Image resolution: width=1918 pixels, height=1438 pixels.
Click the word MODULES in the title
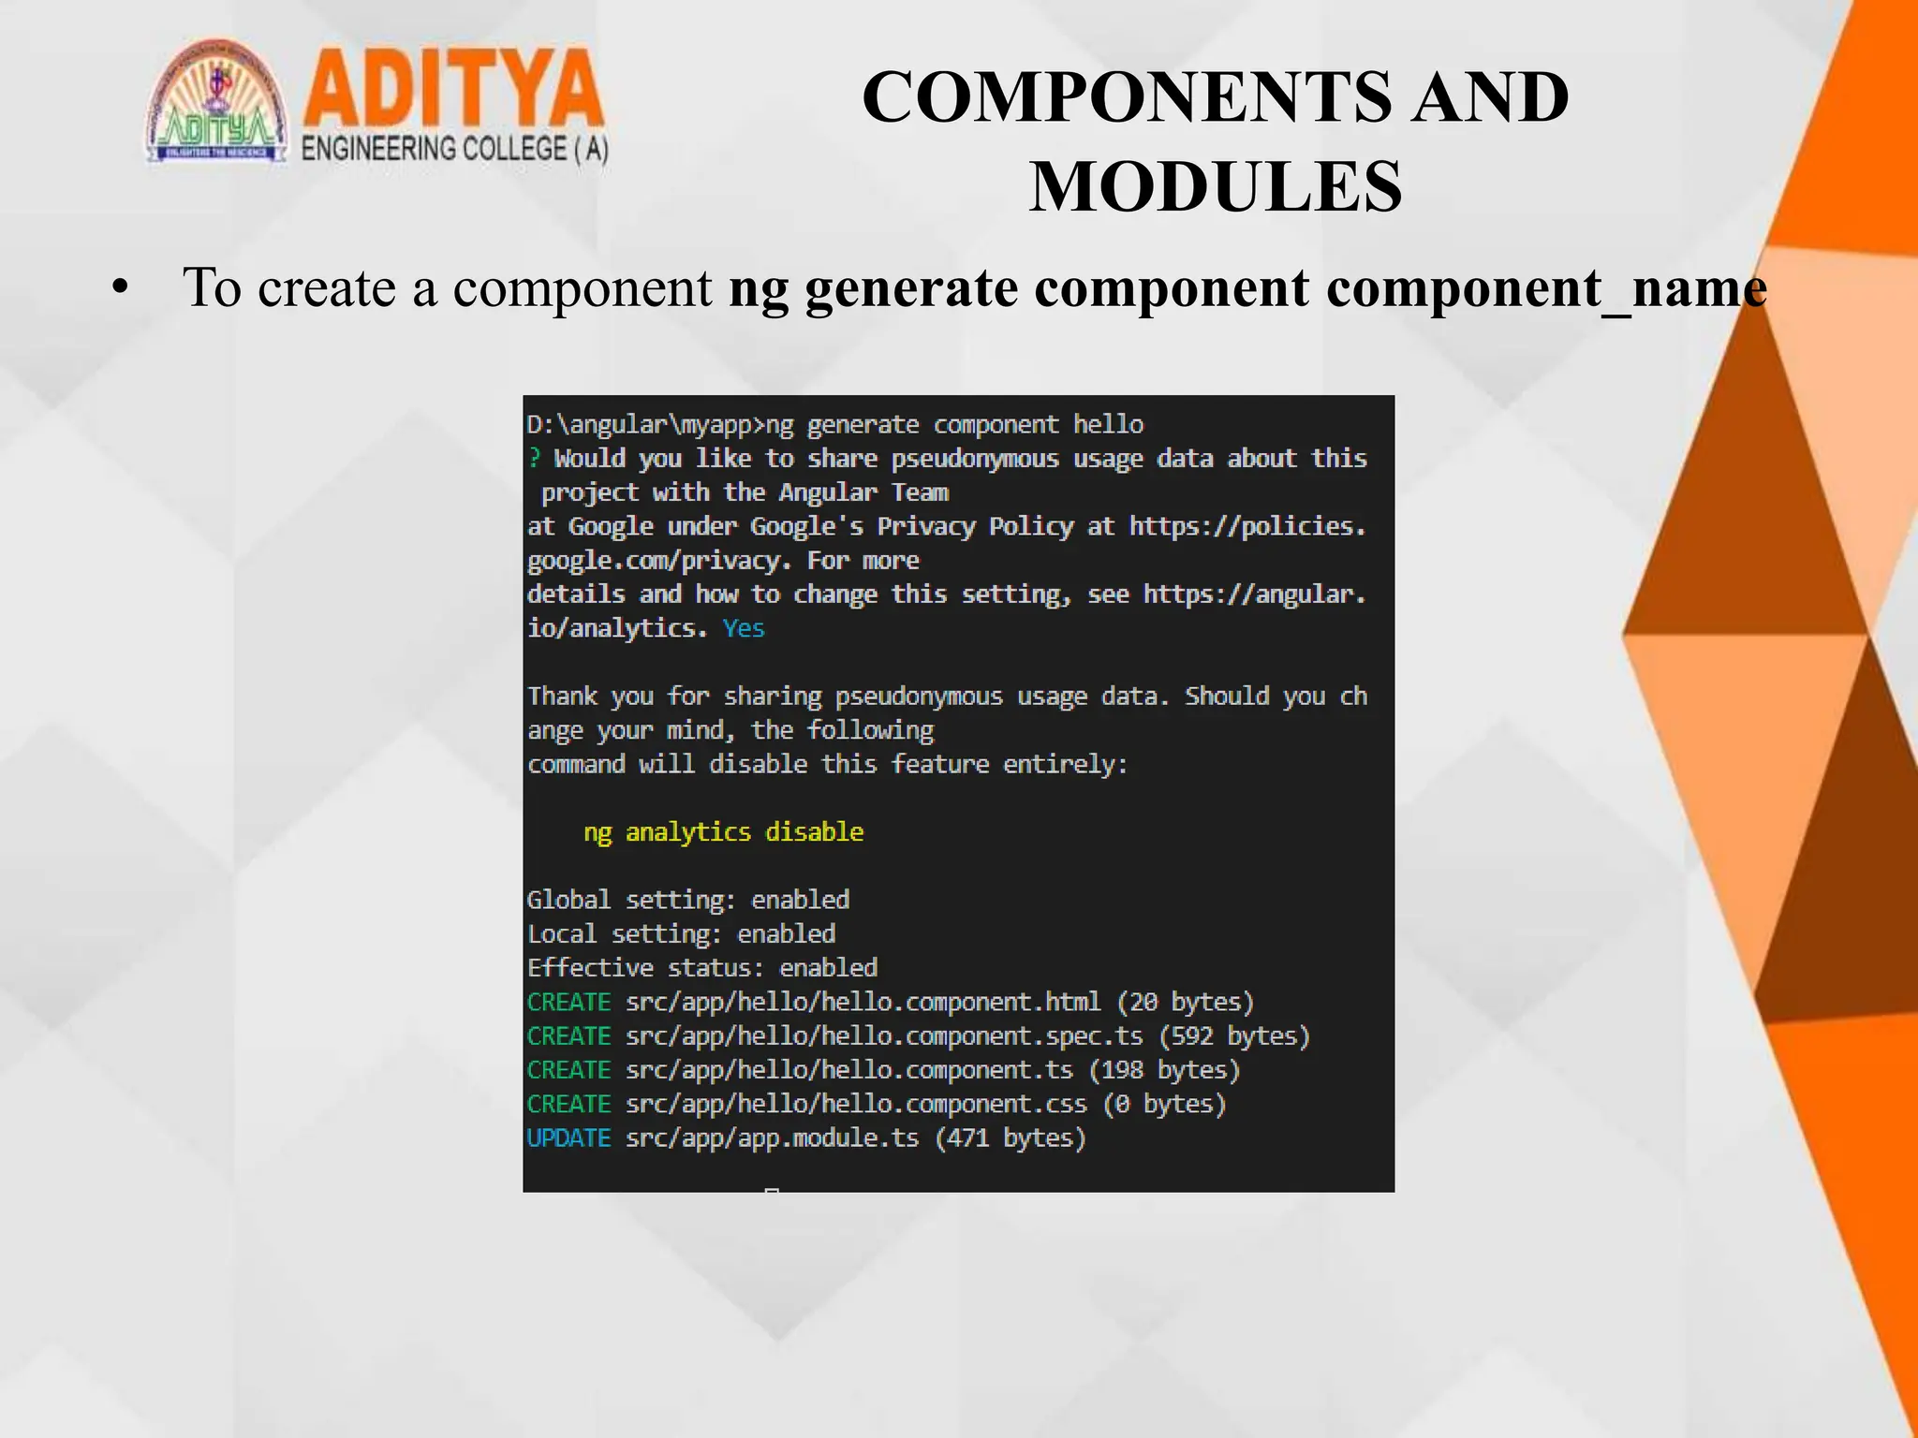[1216, 188]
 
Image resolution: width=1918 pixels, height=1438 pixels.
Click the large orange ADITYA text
[453, 90]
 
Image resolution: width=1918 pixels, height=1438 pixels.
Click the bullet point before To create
[119, 288]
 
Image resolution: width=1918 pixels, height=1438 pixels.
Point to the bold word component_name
[1546, 287]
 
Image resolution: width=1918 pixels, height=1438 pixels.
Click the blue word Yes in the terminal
[744, 628]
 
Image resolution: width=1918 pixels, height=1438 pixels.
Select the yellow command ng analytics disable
[723, 832]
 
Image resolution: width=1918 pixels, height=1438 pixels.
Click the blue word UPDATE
[568, 1138]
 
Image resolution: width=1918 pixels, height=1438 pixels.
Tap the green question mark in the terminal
[535, 459]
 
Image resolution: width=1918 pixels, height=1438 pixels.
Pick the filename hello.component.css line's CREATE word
[568, 1105]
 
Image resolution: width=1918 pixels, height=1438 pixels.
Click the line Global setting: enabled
[687, 901]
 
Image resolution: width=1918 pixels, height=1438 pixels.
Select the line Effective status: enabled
[701, 968]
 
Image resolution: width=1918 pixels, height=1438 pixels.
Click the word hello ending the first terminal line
[1108, 425]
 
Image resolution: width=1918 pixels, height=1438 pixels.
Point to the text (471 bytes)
[1011, 1138]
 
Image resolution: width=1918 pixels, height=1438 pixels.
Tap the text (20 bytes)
[1185, 1003]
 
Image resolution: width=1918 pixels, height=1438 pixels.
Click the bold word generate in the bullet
[911, 287]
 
